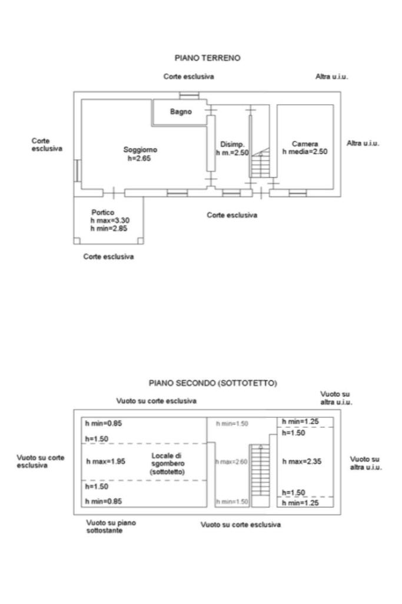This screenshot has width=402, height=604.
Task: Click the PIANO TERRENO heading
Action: (208, 58)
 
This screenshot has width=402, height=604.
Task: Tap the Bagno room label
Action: (181, 112)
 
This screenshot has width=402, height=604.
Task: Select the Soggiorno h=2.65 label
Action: (140, 153)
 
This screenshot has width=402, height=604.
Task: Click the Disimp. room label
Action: (232, 144)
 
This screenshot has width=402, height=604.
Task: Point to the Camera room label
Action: (305, 144)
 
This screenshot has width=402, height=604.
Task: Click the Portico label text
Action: (102, 213)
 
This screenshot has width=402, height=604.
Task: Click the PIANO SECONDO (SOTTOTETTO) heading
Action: (212, 382)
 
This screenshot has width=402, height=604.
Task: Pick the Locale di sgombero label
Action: (168, 464)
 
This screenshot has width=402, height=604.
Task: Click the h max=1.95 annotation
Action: (105, 461)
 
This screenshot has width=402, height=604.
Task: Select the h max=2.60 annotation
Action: (231, 462)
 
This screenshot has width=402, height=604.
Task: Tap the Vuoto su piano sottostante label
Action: (105, 526)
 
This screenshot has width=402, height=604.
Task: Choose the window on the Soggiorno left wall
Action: (77, 170)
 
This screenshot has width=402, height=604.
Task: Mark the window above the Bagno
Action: (190, 95)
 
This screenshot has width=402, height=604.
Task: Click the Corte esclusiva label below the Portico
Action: (108, 257)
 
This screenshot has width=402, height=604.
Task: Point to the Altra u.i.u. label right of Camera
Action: (363, 143)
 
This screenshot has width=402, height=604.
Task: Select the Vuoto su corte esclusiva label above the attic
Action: (156, 401)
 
